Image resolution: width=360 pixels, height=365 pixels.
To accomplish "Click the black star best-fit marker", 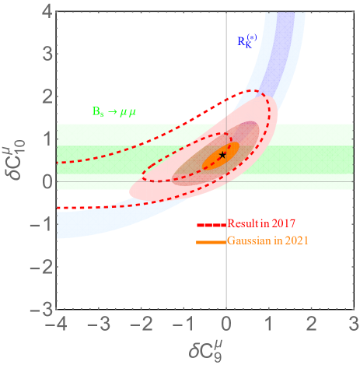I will pos(223,155).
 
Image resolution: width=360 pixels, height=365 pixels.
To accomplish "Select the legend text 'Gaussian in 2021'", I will pos(268,241).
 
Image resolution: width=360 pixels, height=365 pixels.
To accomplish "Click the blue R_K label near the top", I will pos(248,40).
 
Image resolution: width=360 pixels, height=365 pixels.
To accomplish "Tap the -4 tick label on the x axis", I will pos(54,323).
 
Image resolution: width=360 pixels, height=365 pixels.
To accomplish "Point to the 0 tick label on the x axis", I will pos(226,323).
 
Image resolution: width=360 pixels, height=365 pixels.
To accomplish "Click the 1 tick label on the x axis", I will pos(269,323).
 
